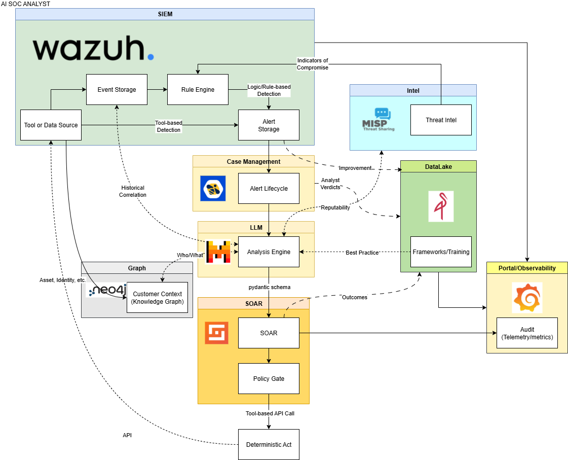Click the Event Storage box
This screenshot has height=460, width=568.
(x=117, y=90)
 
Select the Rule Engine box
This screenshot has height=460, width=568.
(x=198, y=90)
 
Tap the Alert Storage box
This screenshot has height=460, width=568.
(x=269, y=125)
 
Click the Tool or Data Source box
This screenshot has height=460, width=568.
(x=51, y=125)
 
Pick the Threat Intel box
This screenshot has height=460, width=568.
(x=441, y=120)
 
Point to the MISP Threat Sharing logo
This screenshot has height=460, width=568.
(x=378, y=120)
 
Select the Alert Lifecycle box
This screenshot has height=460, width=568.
(x=269, y=189)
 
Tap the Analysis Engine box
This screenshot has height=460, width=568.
(x=269, y=252)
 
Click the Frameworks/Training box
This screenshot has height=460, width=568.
(x=441, y=252)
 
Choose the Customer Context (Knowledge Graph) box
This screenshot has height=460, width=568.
(x=157, y=298)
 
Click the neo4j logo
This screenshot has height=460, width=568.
(x=107, y=290)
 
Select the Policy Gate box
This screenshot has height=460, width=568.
(x=269, y=379)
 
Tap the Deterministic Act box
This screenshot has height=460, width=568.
(x=269, y=445)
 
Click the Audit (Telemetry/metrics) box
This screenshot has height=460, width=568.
(x=527, y=333)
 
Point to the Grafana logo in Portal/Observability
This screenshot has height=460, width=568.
(x=527, y=298)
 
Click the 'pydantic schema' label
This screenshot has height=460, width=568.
(x=269, y=287)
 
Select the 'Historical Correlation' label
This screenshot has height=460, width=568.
(x=133, y=191)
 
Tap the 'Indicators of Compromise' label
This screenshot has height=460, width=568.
(x=313, y=64)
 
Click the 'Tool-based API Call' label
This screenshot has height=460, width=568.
(x=270, y=413)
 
